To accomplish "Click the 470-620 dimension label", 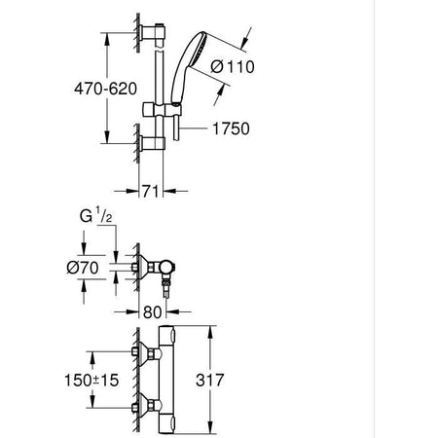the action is [105, 89].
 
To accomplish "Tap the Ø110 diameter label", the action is [233, 67].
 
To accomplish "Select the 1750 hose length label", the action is [231, 128].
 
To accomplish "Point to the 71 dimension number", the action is [151, 192].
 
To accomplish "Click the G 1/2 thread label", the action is [96, 216].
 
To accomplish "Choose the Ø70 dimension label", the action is [83, 268].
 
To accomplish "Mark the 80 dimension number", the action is [152, 312].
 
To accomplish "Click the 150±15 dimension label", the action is [91, 381].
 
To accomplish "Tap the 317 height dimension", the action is [210, 380].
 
